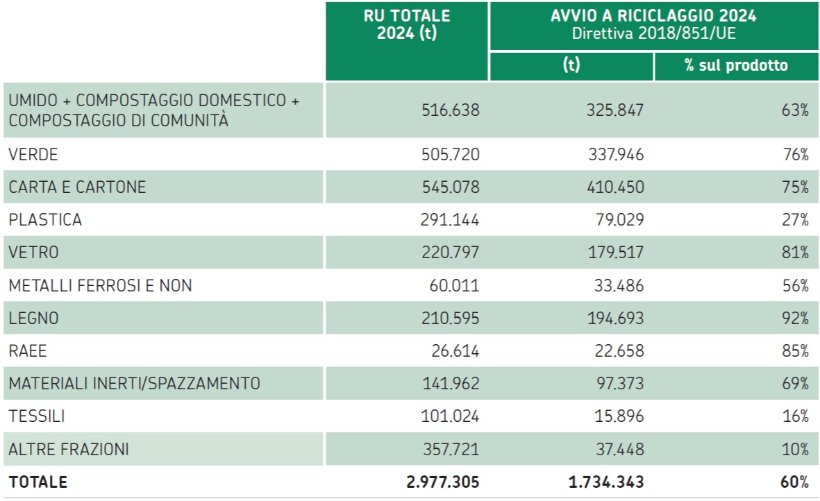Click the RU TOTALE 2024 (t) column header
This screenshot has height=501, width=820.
[x=407, y=25]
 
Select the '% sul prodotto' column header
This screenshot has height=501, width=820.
[x=736, y=66]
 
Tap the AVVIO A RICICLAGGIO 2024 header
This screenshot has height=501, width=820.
[x=653, y=16]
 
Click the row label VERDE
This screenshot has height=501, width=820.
[x=33, y=155]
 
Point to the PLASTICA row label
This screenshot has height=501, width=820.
[x=45, y=220]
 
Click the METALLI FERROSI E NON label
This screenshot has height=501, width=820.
[x=100, y=285]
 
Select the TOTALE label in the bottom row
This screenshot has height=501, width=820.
[x=38, y=482]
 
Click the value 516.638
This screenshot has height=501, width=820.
[x=450, y=110]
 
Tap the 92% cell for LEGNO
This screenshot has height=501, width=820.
[x=795, y=319]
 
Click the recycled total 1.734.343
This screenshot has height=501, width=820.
[x=604, y=482]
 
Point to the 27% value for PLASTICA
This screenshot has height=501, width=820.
[x=795, y=220]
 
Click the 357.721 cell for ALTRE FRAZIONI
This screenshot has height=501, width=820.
[x=450, y=450]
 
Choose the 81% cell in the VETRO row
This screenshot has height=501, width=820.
[x=795, y=253]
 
